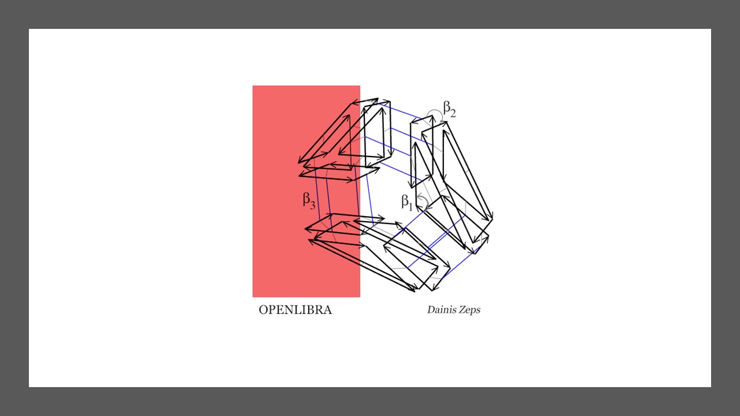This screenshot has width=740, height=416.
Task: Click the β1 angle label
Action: (x=407, y=202)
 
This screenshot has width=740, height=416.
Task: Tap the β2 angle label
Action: (x=449, y=109)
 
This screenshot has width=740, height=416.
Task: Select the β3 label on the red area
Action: (x=309, y=200)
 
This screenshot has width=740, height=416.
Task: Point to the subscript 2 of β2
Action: (x=453, y=113)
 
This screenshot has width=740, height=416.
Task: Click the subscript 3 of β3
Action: (x=313, y=205)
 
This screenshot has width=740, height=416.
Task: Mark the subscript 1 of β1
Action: (x=410, y=206)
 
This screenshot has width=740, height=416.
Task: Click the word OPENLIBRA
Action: (x=295, y=310)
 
